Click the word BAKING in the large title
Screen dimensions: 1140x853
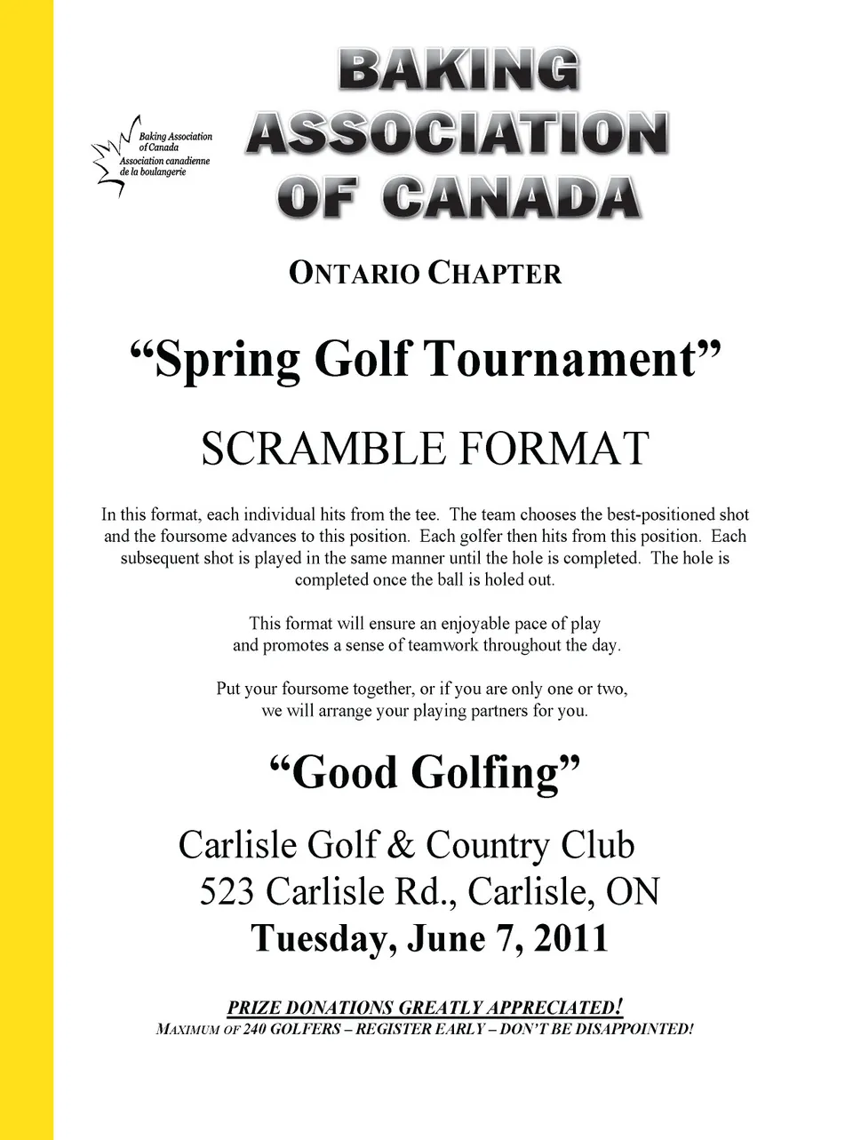458,70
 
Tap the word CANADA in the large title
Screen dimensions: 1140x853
513,197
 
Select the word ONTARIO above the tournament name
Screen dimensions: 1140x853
354,273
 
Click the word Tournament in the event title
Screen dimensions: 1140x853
560,360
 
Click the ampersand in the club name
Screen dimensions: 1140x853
402,846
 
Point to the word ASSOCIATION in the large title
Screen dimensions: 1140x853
458,133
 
